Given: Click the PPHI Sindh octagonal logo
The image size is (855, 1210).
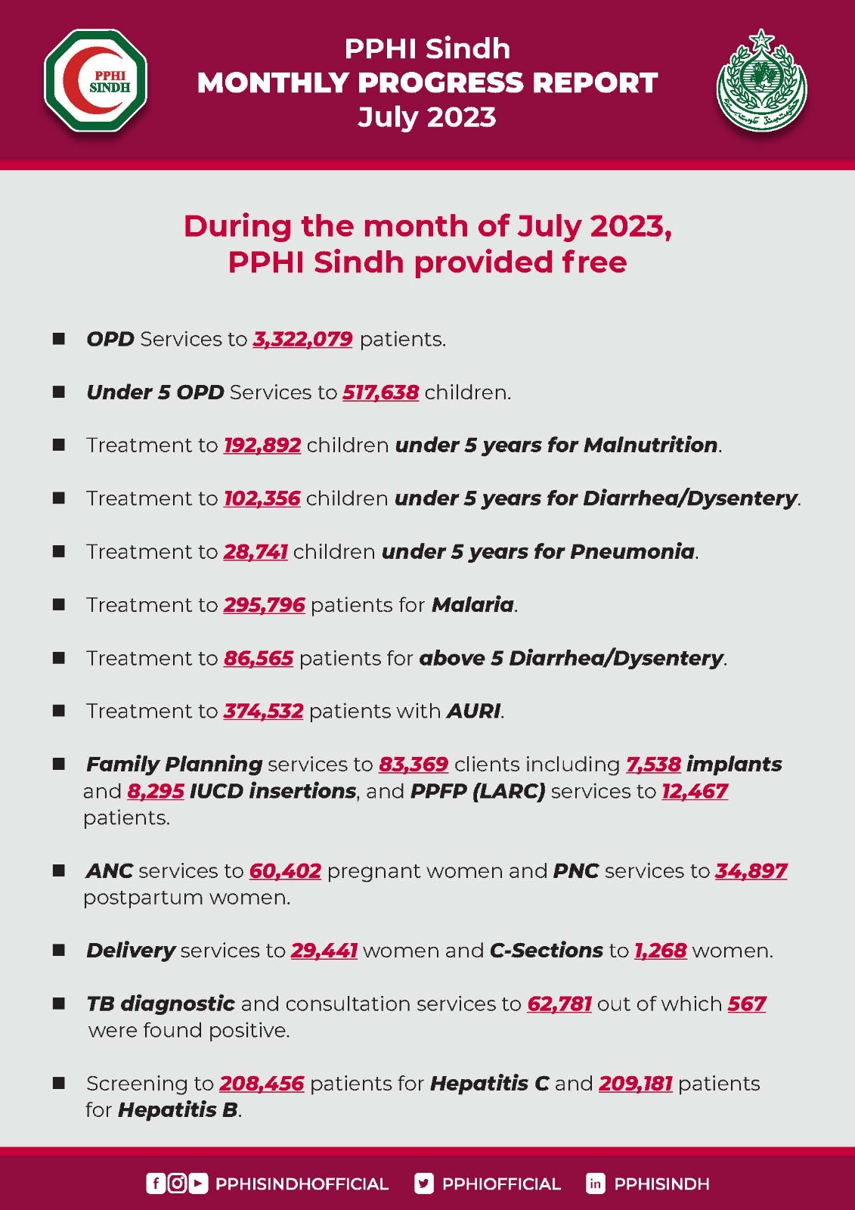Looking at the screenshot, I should (96, 80).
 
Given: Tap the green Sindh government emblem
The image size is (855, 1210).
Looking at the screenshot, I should (761, 81).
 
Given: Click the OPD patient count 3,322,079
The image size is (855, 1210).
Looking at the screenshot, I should (302, 339).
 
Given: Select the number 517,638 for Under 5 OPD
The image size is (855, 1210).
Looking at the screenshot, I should (380, 392).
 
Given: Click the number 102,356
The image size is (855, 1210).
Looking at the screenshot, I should (262, 498).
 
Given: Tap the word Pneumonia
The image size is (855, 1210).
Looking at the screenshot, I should (632, 551).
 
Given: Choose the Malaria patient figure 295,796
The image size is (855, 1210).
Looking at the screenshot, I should (264, 605).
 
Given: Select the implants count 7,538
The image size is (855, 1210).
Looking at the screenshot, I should (653, 765).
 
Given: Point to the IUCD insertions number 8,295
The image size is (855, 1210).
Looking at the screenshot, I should (156, 791).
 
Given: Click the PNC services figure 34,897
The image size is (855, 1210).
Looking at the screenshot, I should (751, 871).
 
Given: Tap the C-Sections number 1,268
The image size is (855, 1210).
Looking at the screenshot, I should (660, 951).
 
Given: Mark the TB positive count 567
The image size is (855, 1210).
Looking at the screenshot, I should (747, 1004).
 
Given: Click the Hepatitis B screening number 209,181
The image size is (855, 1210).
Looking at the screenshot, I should (635, 1084).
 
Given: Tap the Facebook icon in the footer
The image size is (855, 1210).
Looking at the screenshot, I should (155, 1184).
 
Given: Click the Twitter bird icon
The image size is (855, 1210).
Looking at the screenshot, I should (424, 1184).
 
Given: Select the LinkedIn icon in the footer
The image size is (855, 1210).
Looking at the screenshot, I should (596, 1184).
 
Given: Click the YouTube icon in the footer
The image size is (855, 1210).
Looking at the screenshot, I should (198, 1184).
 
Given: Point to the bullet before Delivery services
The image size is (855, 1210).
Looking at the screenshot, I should (59, 951).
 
